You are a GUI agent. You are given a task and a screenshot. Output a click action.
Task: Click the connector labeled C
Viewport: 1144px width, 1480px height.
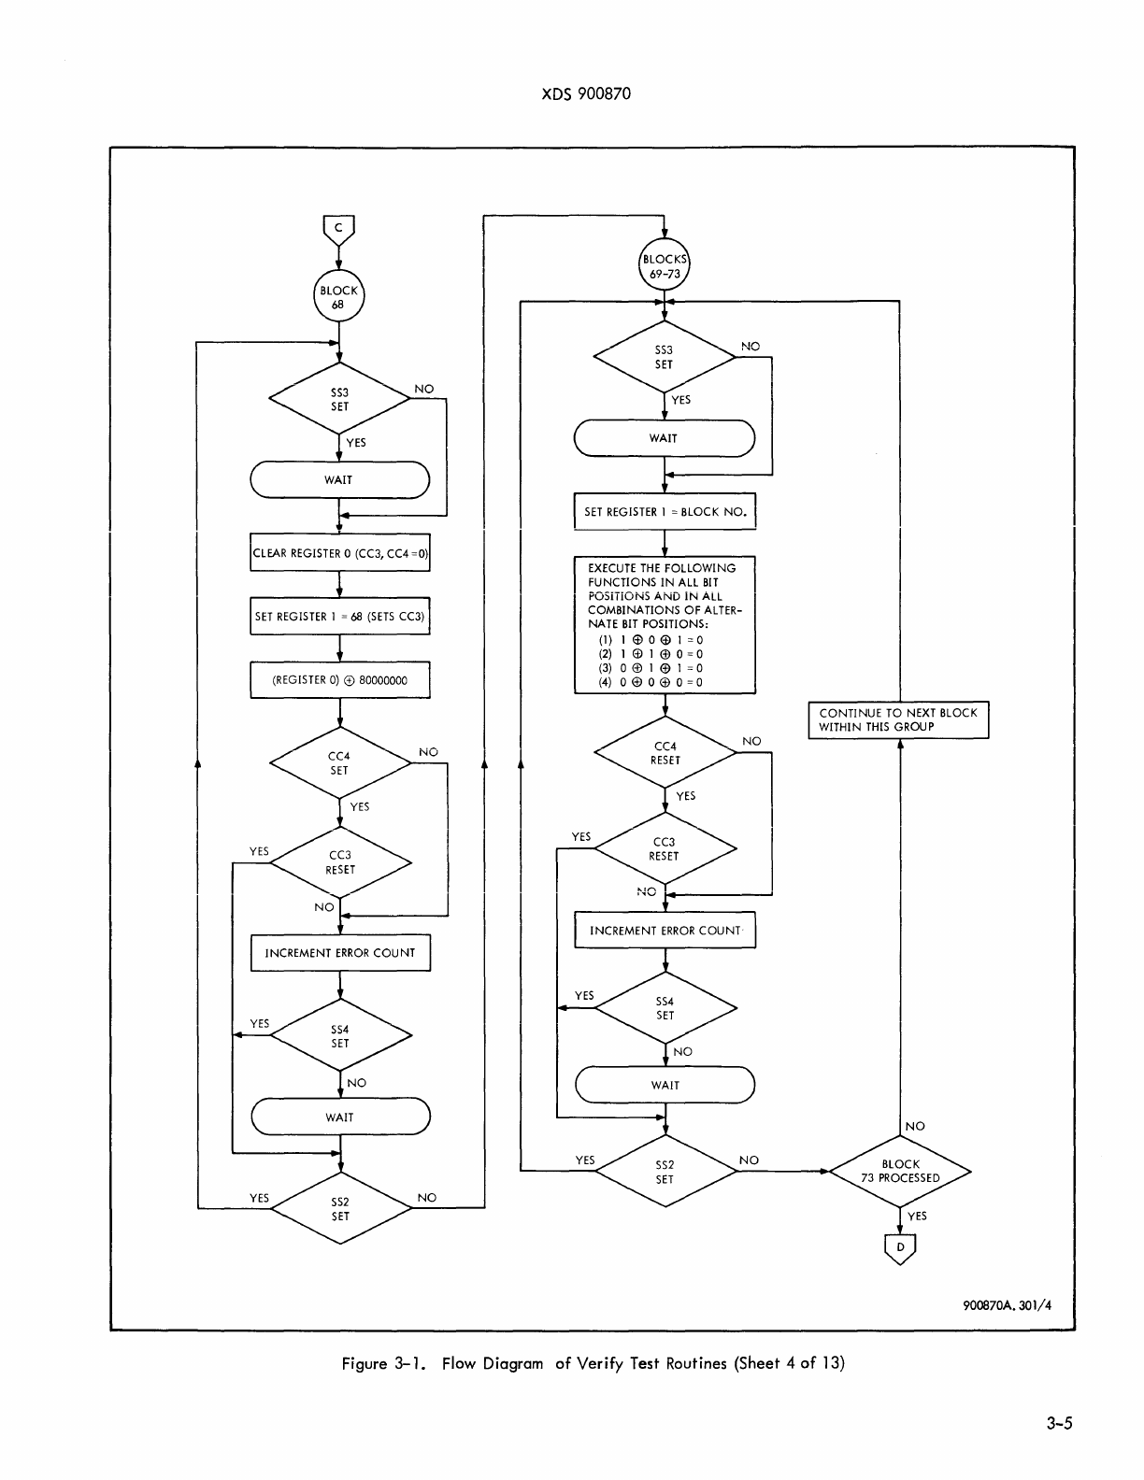coord(338,227)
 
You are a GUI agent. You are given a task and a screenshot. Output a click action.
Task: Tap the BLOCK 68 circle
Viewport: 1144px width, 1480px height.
coord(338,297)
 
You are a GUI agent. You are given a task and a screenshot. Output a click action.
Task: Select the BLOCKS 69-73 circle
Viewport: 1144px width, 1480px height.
coord(664,266)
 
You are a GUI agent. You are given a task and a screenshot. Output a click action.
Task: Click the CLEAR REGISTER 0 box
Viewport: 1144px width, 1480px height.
coord(340,553)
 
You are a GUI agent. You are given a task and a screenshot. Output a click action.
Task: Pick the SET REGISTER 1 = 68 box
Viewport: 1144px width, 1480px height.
coord(340,617)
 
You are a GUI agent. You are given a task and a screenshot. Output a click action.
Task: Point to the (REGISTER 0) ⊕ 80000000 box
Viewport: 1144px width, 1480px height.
coord(340,680)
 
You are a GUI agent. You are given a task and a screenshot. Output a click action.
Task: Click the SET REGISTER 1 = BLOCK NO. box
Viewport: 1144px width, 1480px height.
coord(665,512)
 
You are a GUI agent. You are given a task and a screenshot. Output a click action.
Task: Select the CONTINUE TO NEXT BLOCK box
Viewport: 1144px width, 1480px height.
coord(898,719)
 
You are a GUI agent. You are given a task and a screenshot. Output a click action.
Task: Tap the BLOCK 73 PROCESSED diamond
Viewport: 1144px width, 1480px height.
coord(900,1171)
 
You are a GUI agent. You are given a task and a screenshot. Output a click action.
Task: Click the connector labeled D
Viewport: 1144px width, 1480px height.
coord(900,1247)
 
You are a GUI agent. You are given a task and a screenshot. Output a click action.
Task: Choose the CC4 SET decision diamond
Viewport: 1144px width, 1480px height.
coord(339,763)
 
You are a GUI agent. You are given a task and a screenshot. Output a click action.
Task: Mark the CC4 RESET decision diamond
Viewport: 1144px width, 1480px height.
coord(665,753)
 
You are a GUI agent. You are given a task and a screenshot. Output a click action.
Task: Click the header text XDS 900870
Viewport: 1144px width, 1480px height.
coord(586,93)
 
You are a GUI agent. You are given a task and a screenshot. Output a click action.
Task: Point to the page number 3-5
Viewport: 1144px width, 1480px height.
coord(1060,1424)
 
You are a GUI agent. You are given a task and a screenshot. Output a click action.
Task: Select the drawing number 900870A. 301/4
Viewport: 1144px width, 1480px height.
coord(1007,1305)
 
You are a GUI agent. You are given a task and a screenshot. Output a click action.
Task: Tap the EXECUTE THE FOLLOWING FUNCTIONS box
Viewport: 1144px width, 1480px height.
coord(665,624)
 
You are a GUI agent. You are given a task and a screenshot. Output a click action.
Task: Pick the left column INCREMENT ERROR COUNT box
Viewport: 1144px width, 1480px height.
coord(340,953)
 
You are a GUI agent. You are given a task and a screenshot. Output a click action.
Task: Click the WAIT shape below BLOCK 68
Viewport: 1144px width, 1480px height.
coord(339,480)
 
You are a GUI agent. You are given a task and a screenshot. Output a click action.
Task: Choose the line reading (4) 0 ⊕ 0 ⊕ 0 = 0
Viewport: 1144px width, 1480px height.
coord(651,682)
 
